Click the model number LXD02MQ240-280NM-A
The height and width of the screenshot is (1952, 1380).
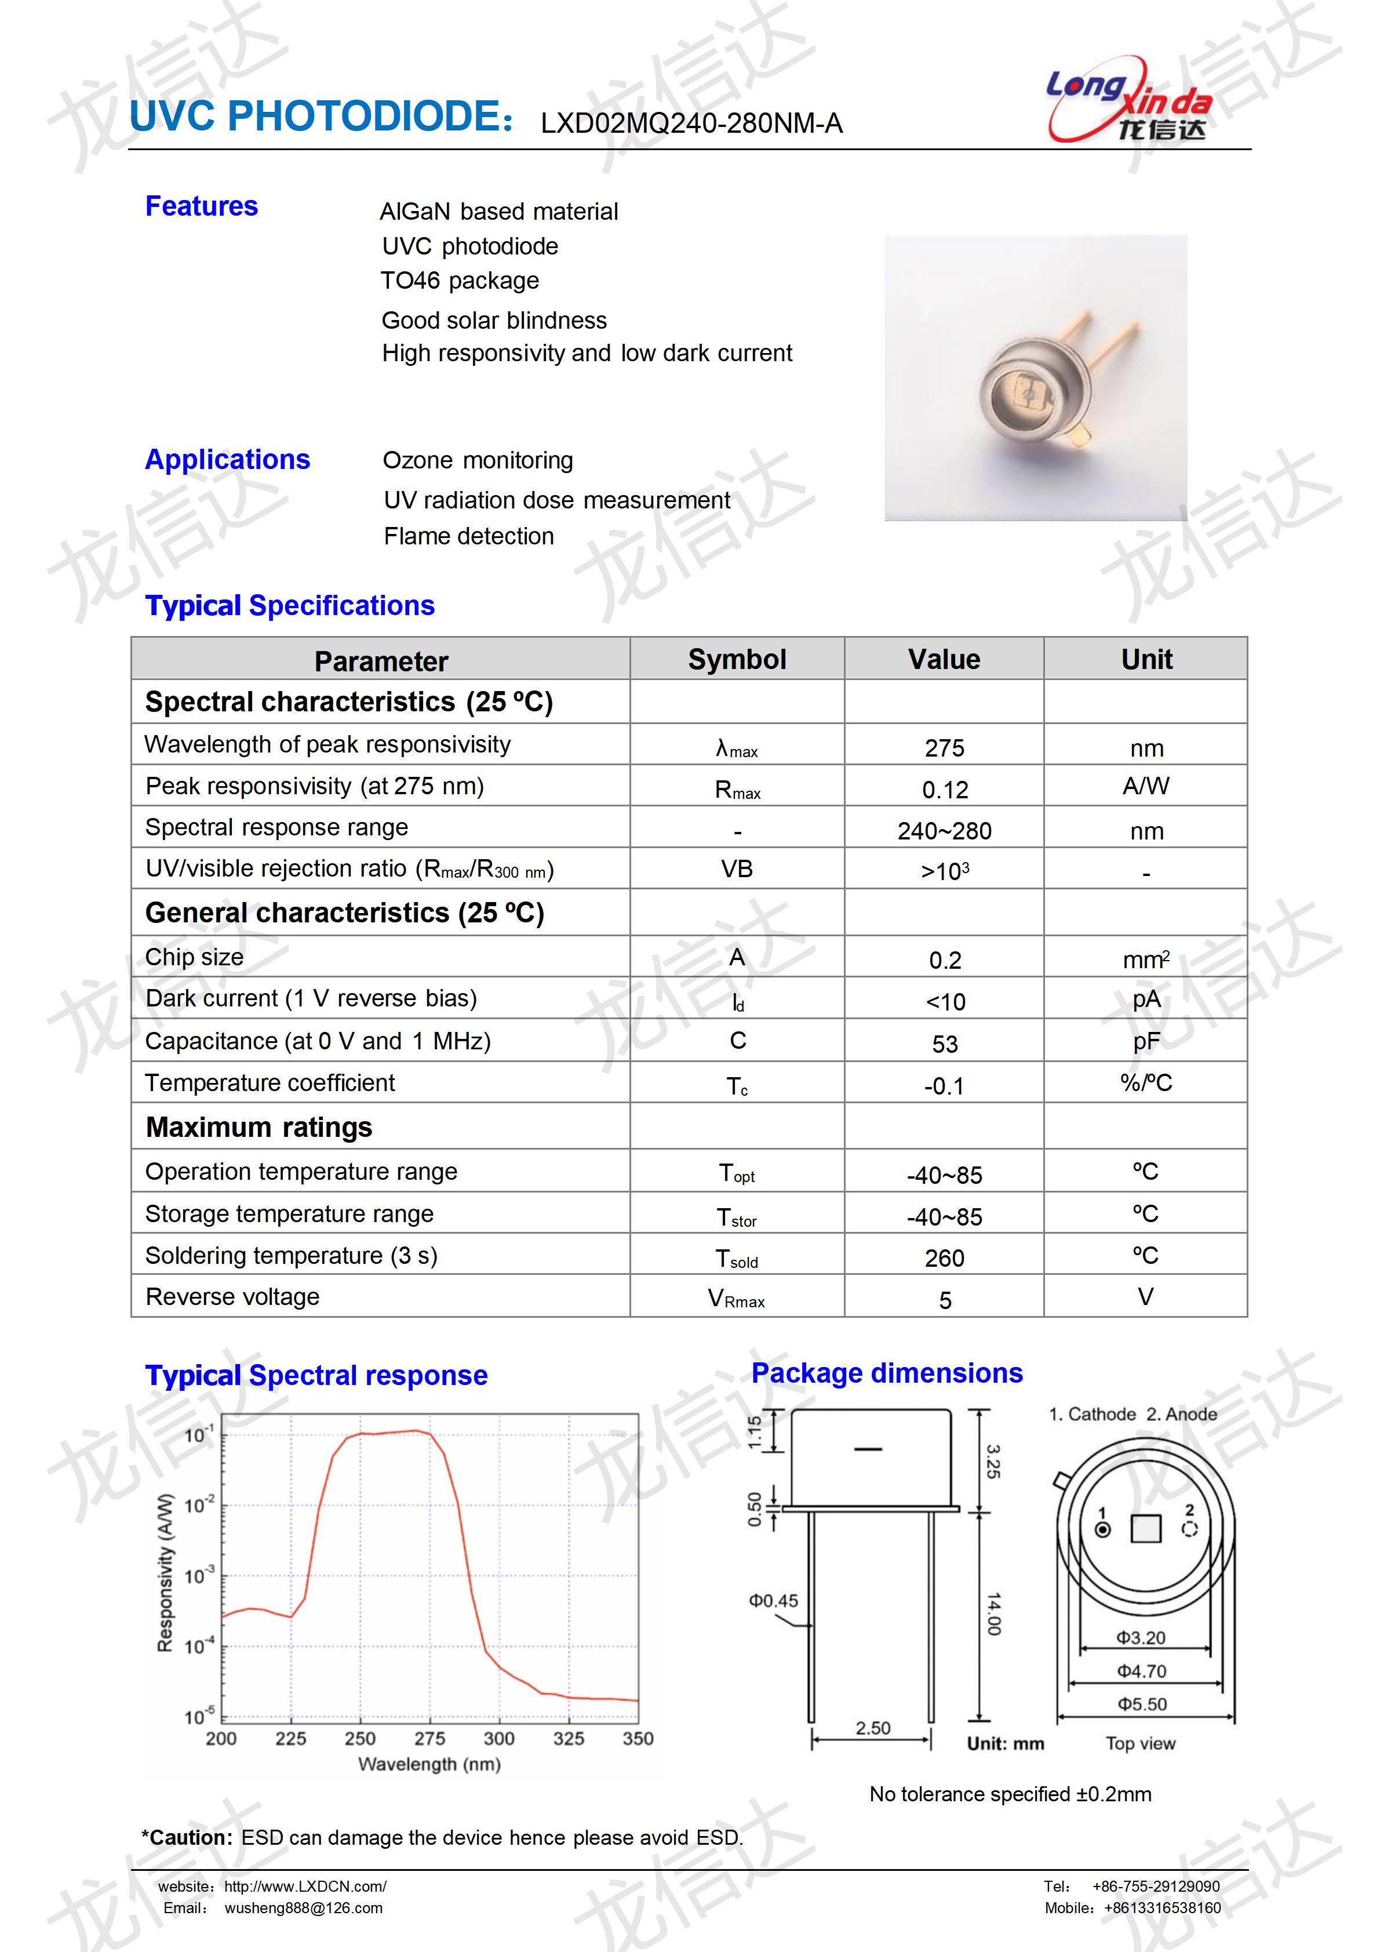[691, 124]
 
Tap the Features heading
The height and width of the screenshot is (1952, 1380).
[201, 206]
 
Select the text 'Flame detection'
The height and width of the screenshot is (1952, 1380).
[468, 536]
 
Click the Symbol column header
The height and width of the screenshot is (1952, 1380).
[737, 660]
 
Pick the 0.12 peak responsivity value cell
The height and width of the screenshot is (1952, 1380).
[944, 790]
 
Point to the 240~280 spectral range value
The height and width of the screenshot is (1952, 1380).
[944, 831]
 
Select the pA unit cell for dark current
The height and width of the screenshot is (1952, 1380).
[1145, 999]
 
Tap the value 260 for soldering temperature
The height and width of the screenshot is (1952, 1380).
[944, 1258]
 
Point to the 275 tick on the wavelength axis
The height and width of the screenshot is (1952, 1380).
[429, 1739]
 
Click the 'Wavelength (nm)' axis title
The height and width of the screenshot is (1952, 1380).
[429, 1764]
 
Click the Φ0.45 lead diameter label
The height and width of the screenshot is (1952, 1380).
[773, 1601]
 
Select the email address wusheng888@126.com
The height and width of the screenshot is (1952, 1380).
[303, 1909]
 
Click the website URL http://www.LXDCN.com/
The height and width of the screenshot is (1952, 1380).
[305, 1886]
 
